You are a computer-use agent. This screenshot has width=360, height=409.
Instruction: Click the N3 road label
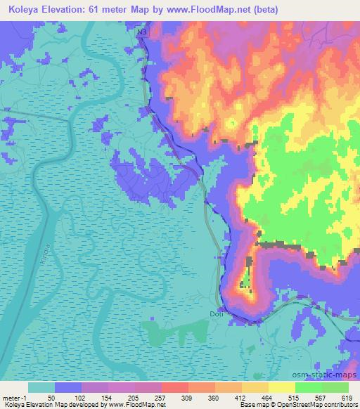(142, 32)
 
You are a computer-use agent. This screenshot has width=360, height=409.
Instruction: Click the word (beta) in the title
(268, 10)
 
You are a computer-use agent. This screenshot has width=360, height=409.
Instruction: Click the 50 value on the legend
(51, 398)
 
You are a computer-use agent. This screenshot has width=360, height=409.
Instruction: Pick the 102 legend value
(81, 398)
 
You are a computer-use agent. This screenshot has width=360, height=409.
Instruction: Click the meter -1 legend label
(14, 398)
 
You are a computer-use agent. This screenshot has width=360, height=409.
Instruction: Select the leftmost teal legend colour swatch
(41, 387)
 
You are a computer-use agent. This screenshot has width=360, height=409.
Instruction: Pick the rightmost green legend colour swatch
(335, 387)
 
